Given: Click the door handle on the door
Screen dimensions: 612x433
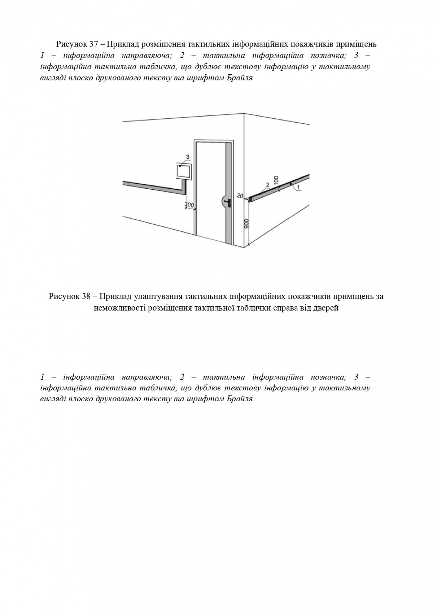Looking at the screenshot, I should coord(229,203).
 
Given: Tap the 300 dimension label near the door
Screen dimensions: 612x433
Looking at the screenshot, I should coord(189,205).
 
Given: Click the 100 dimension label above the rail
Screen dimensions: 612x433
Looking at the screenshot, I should coord(276,180).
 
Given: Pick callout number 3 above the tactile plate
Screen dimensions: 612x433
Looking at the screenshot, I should coord(187,156).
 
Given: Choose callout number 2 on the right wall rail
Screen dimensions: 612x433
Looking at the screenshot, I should coord(267,185).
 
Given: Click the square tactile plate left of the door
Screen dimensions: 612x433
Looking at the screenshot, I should coord(184,171).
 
